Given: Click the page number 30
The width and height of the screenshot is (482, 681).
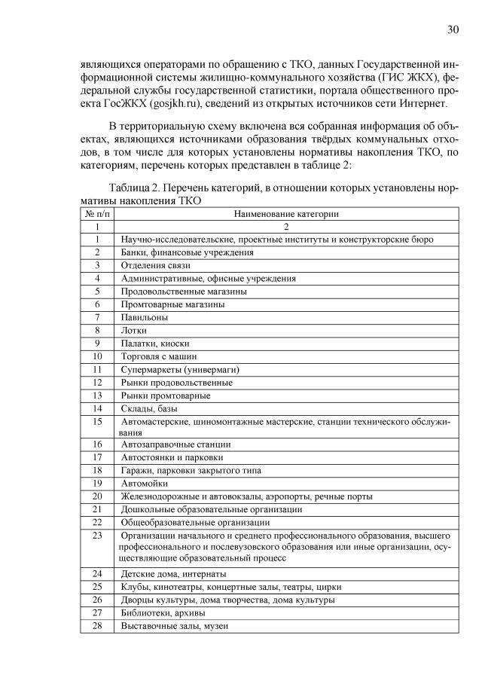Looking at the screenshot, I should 453,30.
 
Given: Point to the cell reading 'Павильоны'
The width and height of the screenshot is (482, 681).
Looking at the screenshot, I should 142,317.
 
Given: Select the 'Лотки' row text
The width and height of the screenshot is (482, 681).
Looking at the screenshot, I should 133,330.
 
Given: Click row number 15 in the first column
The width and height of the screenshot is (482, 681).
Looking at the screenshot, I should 96,422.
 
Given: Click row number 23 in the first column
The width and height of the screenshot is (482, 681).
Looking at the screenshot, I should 96,535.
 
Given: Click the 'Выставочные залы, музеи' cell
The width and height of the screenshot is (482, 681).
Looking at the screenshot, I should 174,625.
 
